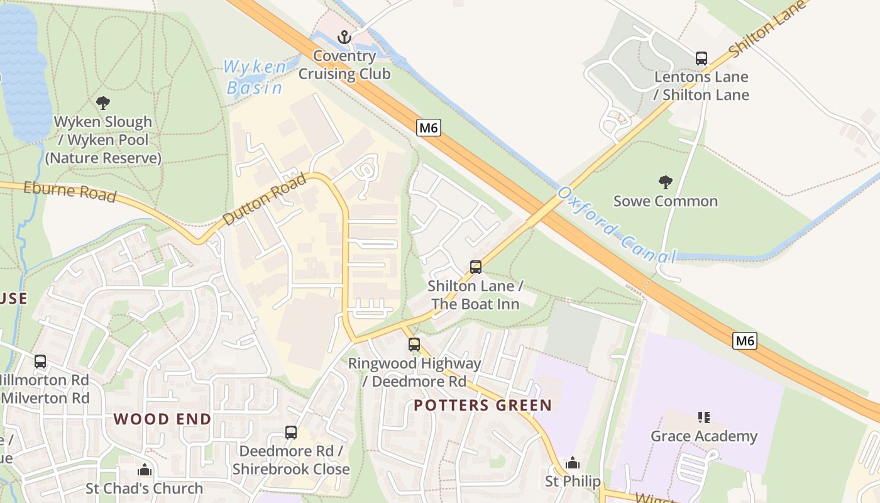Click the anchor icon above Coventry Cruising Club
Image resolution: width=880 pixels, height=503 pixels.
tap(344, 37)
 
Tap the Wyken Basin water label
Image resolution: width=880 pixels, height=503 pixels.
tap(255, 77)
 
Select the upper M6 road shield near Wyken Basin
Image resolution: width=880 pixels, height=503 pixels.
tap(428, 128)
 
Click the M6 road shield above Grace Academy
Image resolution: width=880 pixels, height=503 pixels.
tap(744, 341)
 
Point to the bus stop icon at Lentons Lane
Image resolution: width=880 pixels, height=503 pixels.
tap(701, 58)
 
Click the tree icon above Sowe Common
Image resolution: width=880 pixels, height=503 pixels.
tap(665, 182)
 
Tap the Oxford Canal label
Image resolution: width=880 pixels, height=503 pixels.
tap(616, 224)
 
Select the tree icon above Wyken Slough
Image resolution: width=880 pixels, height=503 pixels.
tap(103, 102)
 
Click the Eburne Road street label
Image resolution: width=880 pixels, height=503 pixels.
tap(70, 192)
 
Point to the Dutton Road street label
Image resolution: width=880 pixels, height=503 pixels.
tap(264, 199)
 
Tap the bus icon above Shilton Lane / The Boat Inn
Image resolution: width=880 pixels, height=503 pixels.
tap(476, 267)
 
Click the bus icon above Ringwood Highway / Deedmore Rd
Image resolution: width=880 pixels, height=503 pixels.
tap(414, 345)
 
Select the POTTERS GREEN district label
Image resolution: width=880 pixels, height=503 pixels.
tap(482, 406)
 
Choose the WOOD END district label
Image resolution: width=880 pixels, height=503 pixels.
tap(162, 419)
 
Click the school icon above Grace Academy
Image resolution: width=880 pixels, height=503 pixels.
tap(704, 417)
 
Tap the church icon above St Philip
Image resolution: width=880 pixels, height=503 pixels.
tap(572, 463)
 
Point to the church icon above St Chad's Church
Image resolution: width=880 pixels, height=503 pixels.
tap(145, 470)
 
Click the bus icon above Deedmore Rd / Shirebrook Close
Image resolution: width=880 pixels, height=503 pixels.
tap(290, 433)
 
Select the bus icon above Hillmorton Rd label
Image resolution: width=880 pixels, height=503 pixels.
tap(40, 362)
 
